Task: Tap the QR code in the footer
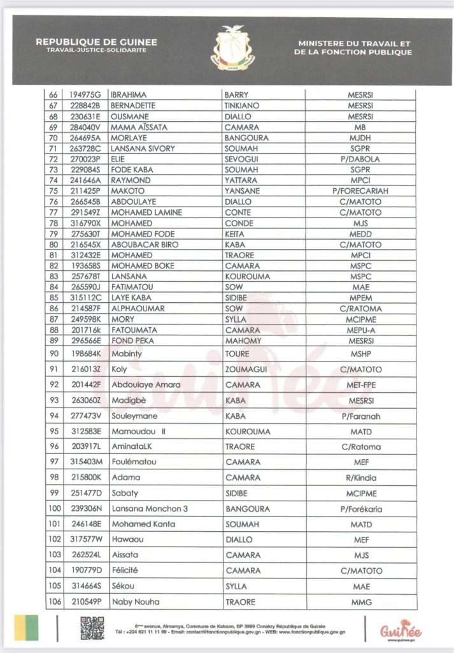pyautogui.click(x=92, y=627)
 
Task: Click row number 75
pyautogui.click(x=53, y=191)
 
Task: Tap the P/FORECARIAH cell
pyautogui.click(x=360, y=191)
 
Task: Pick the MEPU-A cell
pyautogui.click(x=360, y=330)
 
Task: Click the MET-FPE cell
pyautogui.click(x=360, y=385)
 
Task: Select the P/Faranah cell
pyautogui.click(x=360, y=416)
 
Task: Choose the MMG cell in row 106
pyautogui.click(x=360, y=602)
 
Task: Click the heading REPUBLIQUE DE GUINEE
pyautogui.click(x=96, y=42)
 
